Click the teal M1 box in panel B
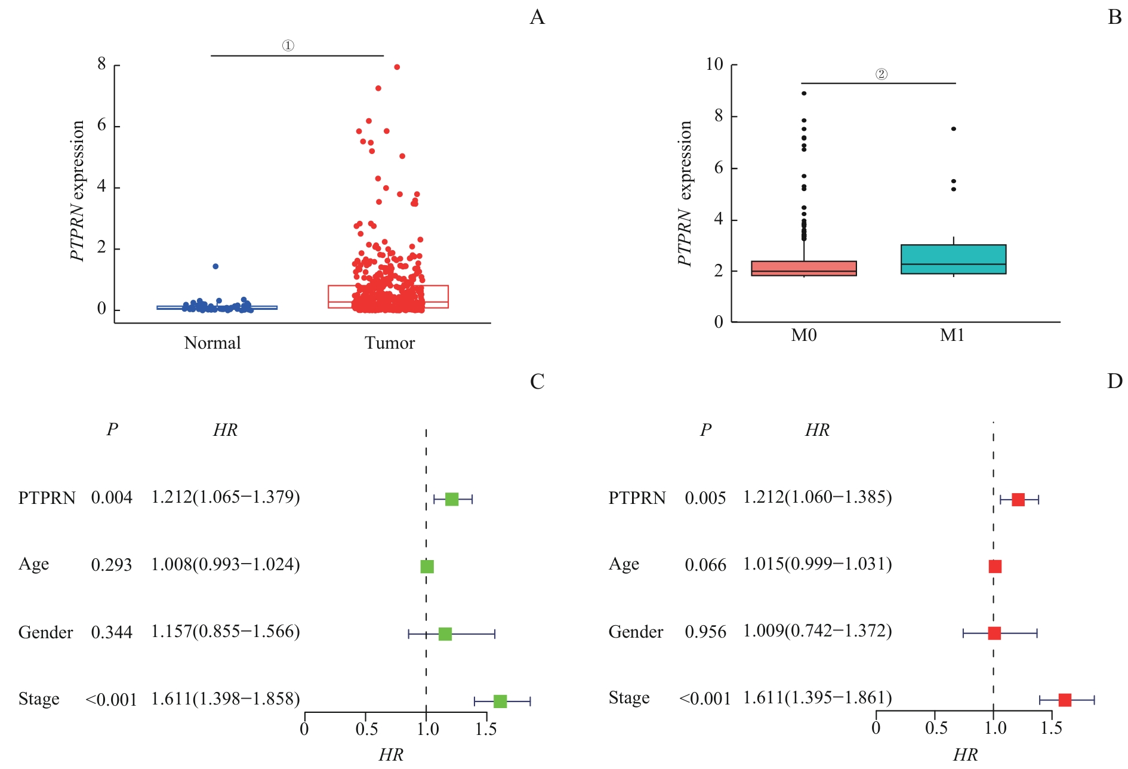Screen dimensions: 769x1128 (953, 259)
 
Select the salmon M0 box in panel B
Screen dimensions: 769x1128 (803, 268)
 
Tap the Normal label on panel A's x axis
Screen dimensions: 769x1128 (212, 343)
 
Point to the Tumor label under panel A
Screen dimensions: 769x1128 (390, 343)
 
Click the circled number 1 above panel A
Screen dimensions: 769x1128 (288, 46)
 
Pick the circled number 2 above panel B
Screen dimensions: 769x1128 (882, 74)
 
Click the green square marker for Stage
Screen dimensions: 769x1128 (500, 702)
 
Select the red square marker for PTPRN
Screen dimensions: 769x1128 (1018, 500)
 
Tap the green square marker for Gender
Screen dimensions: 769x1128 (445, 634)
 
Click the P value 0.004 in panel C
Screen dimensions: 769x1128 (112, 498)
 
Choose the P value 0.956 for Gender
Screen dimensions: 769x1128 (705, 632)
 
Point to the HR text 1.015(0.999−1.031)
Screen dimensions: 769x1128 (817, 564)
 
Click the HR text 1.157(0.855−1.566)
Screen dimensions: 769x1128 (226, 632)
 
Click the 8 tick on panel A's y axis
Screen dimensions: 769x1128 (102, 64)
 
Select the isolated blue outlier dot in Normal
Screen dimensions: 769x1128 (215, 266)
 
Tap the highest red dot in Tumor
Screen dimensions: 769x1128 (397, 67)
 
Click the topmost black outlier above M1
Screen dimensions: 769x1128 (954, 129)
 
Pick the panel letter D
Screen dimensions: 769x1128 (1114, 382)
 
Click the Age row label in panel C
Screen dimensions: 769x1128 (34, 565)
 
